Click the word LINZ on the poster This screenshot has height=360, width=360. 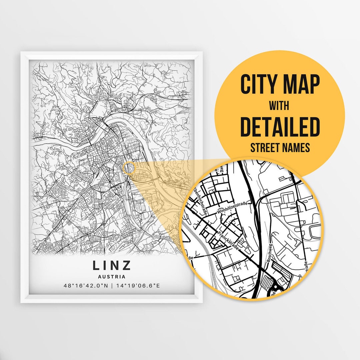point(112,265)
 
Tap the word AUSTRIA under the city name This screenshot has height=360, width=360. point(112,277)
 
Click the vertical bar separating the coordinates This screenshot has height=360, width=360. point(112,286)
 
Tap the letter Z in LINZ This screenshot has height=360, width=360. point(127,265)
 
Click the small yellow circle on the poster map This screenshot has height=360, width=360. point(129,168)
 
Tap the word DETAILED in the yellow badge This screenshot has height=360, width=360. point(280,127)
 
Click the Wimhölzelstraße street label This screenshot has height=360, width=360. point(232,209)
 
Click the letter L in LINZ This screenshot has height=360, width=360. point(96,265)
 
